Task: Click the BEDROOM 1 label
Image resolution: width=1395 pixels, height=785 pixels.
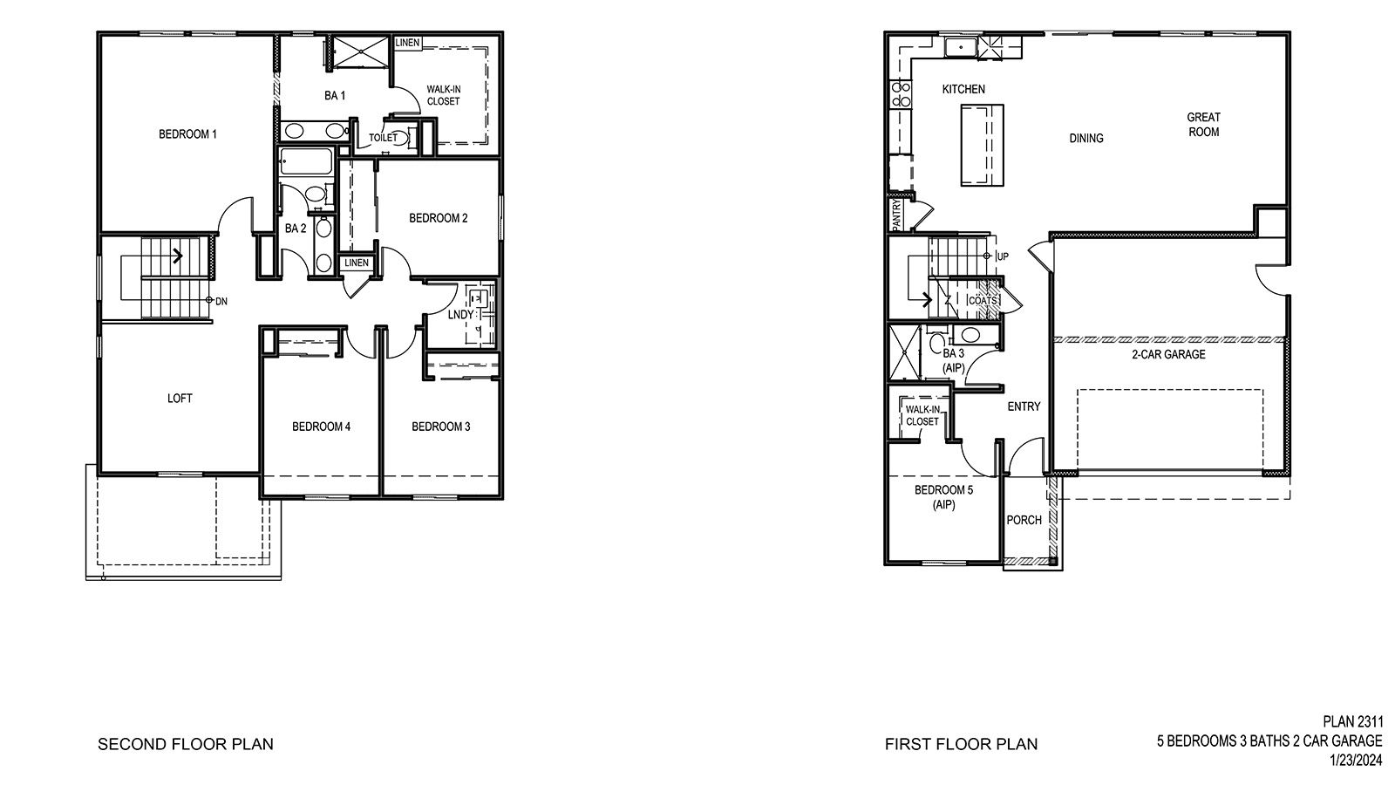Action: tap(187, 134)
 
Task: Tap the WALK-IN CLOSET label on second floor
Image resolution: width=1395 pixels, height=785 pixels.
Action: tap(443, 95)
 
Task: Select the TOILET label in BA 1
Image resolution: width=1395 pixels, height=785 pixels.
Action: tap(383, 138)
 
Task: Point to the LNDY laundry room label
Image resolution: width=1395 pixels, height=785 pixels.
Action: tap(460, 315)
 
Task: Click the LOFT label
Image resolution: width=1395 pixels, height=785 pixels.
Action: tap(180, 399)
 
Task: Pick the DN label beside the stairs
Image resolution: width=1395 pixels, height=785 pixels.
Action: tap(221, 301)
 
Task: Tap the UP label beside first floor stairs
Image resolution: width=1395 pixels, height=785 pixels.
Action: tap(1003, 256)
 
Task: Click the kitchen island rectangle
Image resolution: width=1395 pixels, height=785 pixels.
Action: tap(982, 144)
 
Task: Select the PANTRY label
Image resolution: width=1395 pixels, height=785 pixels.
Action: tap(895, 215)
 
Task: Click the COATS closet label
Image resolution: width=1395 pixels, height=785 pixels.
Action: tap(983, 301)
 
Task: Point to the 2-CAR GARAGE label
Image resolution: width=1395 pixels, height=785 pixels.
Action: tap(1168, 354)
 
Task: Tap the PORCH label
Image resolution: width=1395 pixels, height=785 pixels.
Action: tap(1024, 521)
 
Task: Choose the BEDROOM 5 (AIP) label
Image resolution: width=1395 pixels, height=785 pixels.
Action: tap(943, 497)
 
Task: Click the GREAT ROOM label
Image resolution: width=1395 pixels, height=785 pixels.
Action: tap(1203, 124)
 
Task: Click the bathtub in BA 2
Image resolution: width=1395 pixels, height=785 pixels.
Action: tap(306, 163)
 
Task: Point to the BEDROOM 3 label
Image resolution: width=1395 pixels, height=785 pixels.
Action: tap(441, 427)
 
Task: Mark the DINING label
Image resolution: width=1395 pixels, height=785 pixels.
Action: tap(1086, 138)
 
